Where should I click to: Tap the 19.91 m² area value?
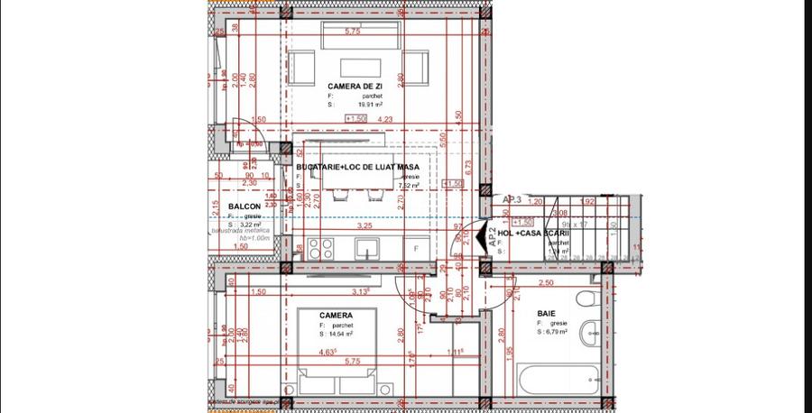[356, 105]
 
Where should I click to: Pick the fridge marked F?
[416, 247]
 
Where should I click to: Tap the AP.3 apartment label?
[512, 199]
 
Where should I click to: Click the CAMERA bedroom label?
[335, 316]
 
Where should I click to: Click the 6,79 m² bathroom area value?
[552, 332]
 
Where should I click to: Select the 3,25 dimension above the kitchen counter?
[364, 225]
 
